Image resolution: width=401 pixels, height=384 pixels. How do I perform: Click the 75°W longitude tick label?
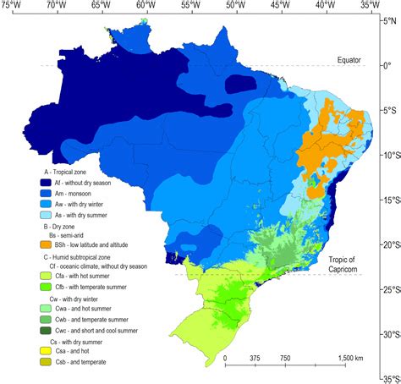[x=10, y=5]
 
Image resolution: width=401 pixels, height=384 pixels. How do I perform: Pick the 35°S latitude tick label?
[x=388, y=378]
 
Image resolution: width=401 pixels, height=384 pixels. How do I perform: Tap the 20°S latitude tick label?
[x=388, y=244]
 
